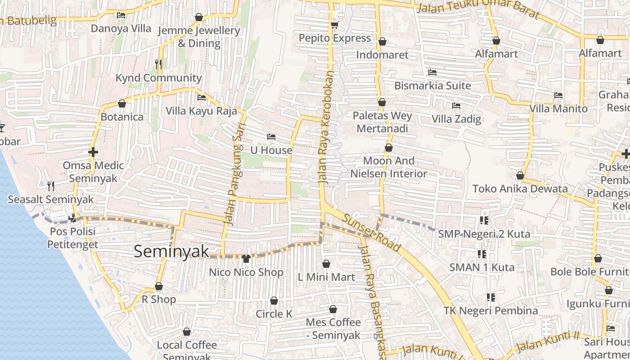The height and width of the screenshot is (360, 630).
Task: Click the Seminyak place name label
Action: (171, 252)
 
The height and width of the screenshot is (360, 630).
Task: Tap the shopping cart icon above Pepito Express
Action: (334, 24)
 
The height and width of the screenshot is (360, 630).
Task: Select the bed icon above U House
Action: (271, 137)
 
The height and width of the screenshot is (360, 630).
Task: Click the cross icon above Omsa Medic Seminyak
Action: (93, 152)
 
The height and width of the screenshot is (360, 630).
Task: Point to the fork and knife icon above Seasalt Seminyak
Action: (51, 185)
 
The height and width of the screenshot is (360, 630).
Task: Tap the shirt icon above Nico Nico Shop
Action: (246, 258)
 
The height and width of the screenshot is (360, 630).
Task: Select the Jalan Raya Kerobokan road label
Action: (326, 127)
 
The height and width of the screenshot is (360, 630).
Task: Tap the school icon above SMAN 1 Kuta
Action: (482, 254)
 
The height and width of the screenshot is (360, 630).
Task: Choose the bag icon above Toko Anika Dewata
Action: (520, 175)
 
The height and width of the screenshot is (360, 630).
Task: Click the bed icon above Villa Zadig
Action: (456, 106)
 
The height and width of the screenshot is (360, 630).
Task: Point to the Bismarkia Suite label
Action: (433, 85)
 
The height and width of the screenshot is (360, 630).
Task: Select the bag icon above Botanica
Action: (121, 103)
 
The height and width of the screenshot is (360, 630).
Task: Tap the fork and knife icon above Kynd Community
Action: (158, 64)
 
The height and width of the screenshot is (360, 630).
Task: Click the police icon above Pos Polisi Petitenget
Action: (72, 219)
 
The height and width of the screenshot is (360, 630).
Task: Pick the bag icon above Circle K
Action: (274, 301)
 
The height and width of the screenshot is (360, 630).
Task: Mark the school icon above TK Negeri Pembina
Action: (490, 297)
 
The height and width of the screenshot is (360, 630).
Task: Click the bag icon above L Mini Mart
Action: (326, 264)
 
